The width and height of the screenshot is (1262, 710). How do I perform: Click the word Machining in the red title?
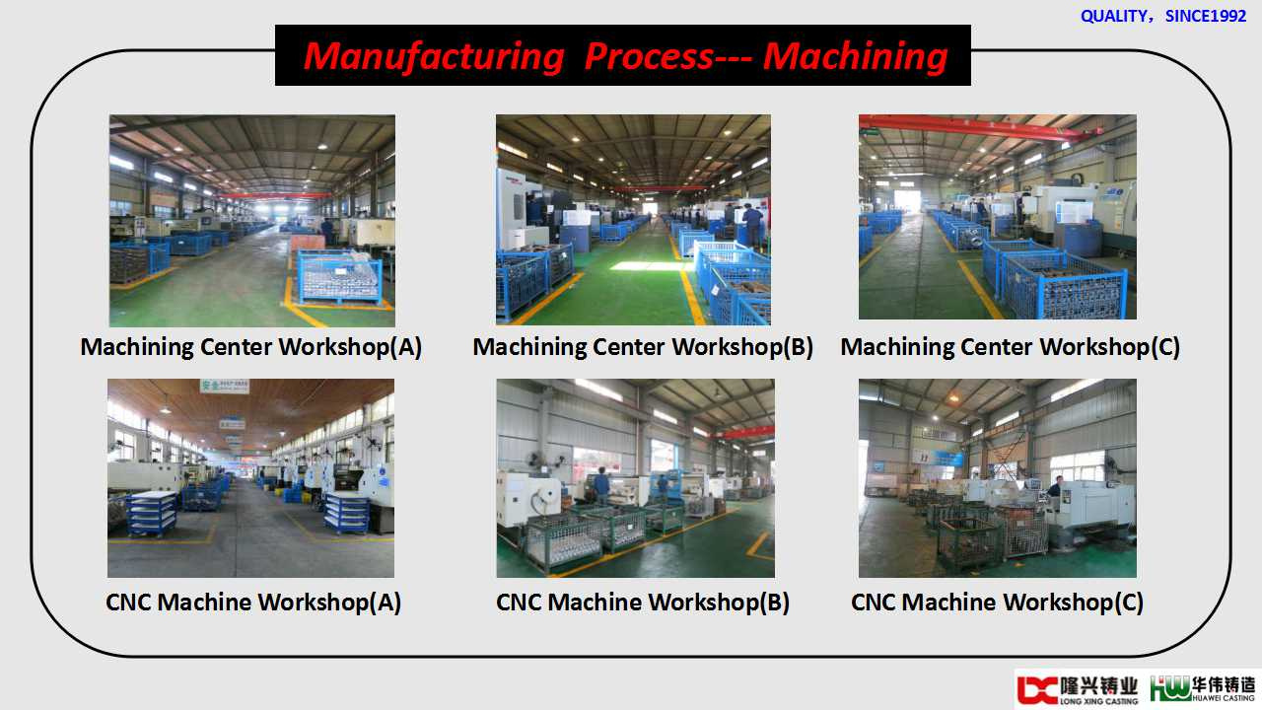(x=856, y=57)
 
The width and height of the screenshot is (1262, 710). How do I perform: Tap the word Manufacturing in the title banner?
(x=434, y=57)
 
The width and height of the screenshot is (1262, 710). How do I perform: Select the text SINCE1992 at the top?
(x=1206, y=16)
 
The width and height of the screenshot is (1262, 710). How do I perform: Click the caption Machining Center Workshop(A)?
(x=251, y=346)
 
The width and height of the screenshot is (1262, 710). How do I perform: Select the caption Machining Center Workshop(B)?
(x=643, y=346)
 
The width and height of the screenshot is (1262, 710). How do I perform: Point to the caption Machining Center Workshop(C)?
(x=1011, y=346)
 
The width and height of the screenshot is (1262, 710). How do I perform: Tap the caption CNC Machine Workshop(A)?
(x=253, y=602)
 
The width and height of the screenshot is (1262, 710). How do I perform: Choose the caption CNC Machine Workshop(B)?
(x=642, y=602)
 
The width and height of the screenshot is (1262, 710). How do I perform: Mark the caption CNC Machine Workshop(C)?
(x=997, y=602)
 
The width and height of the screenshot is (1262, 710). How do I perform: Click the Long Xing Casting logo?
(x=1078, y=689)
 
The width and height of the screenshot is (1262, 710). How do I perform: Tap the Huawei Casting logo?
(x=1202, y=688)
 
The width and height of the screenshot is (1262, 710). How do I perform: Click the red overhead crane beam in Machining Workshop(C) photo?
(x=979, y=128)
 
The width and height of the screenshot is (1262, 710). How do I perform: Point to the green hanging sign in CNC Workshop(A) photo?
(x=224, y=386)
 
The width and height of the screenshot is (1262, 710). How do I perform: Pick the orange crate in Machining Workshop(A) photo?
(x=308, y=244)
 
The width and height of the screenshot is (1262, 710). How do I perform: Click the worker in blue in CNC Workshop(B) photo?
(x=601, y=484)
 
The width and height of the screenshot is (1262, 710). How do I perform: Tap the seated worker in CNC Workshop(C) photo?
(x=1055, y=487)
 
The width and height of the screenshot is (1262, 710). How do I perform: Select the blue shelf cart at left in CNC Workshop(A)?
(x=152, y=514)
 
